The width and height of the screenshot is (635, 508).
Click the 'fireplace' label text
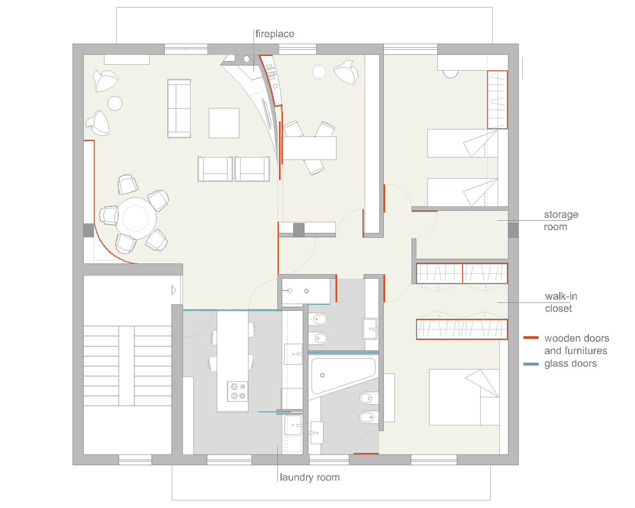click(x=274, y=34)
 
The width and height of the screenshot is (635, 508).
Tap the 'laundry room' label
click(x=310, y=477)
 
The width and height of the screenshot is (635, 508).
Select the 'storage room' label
click(x=561, y=220)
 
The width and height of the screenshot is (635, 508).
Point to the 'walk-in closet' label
click(x=561, y=302)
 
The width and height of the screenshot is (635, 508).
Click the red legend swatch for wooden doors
click(x=531, y=337)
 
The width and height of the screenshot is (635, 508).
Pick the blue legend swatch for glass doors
click(x=531, y=364)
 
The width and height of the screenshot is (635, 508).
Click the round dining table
click(x=135, y=218)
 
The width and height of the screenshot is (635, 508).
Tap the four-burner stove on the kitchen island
click(x=238, y=391)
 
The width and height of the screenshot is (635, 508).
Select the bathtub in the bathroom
click(x=343, y=376)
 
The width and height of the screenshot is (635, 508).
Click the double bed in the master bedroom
click(x=464, y=397)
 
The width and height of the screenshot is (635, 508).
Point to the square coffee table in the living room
click(x=224, y=123)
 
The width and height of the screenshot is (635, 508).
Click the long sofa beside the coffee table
click(x=179, y=108)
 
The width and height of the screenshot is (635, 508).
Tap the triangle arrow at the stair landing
click(x=174, y=290)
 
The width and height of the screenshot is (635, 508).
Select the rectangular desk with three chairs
click(x=310, y=148)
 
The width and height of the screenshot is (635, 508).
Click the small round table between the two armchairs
click(x=115, y=103)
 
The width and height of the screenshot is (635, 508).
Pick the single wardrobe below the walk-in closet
click(x=462, y=329)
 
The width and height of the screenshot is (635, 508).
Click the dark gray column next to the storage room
click(x=513, y=230)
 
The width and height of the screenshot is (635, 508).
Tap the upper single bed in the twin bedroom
click(x=462, y=143)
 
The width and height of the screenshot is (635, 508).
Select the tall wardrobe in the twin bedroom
click(x=497, y=100)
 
